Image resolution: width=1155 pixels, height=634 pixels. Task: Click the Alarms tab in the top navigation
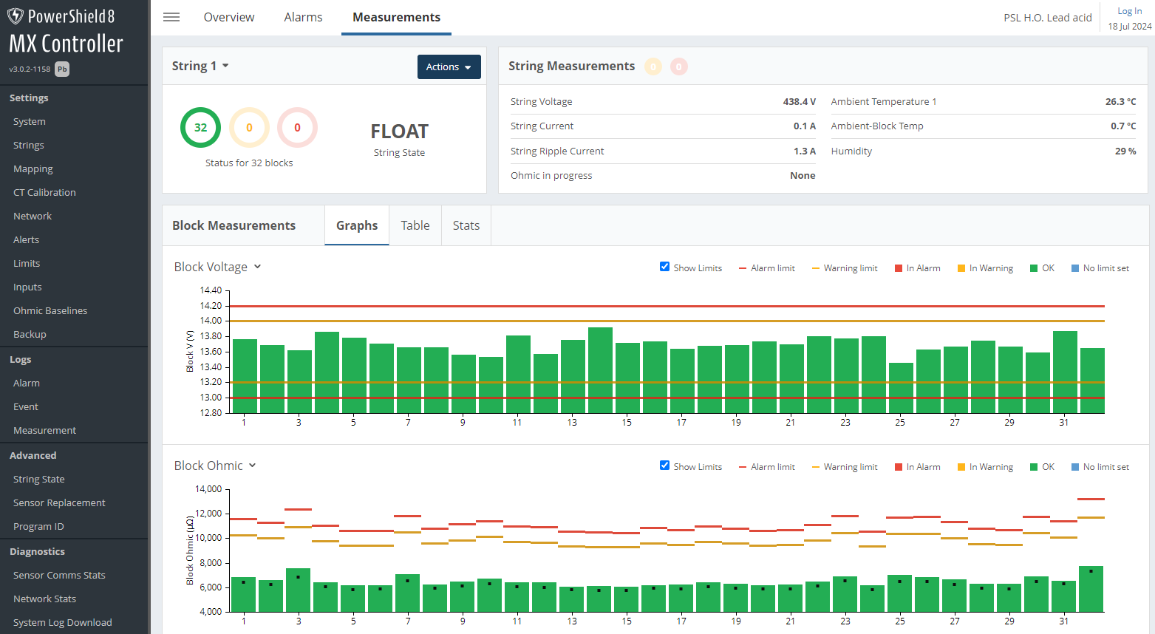pyautogui.click(x=303, y=17)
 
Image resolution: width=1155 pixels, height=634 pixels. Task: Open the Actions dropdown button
pyautogui.click(x=449, y=67)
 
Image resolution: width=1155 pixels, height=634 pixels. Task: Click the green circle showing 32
pyautogui.click(x=200, y=127)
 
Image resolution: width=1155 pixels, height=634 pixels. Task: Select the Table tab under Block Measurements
pyautogui.click(x=415, y=225)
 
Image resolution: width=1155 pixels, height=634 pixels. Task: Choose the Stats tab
pyautogui.click(x=466, y=225)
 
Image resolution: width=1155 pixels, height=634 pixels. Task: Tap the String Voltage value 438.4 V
pyautogui.click(x=799, y=102)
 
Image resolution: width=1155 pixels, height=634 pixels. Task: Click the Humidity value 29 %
pyautogui.click(x=1125, y=151)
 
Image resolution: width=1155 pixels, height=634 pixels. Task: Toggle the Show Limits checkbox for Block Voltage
pyautogui.click(x=664, y=267)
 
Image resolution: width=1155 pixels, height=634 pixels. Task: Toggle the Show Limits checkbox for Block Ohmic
pyautogui.click(x=664, y=466)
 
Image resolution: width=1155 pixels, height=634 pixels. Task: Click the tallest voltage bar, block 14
pyautogui.click(x=600, y=369)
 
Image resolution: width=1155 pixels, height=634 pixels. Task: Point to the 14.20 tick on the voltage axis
pyautogui.click(x=211, y=306)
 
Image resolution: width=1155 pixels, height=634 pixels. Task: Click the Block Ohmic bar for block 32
pyautogui.click(x=1091, y=589)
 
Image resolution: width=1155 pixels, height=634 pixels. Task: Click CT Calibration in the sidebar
pyautogui.click(x=44, y=192)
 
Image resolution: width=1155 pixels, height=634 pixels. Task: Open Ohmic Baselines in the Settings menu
pyautogui.click(x=50, y=310)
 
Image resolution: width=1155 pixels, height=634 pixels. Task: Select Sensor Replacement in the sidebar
pyautogui.click(x=59, y=502)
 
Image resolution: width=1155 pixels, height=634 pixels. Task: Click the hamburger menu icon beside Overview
pyautogui.click(x=171, y=17)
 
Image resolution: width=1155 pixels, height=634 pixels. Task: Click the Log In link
pyautogui.click(x=1129, y=11)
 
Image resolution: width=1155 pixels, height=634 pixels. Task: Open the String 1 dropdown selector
pyautogui.click(x=200, y=66)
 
